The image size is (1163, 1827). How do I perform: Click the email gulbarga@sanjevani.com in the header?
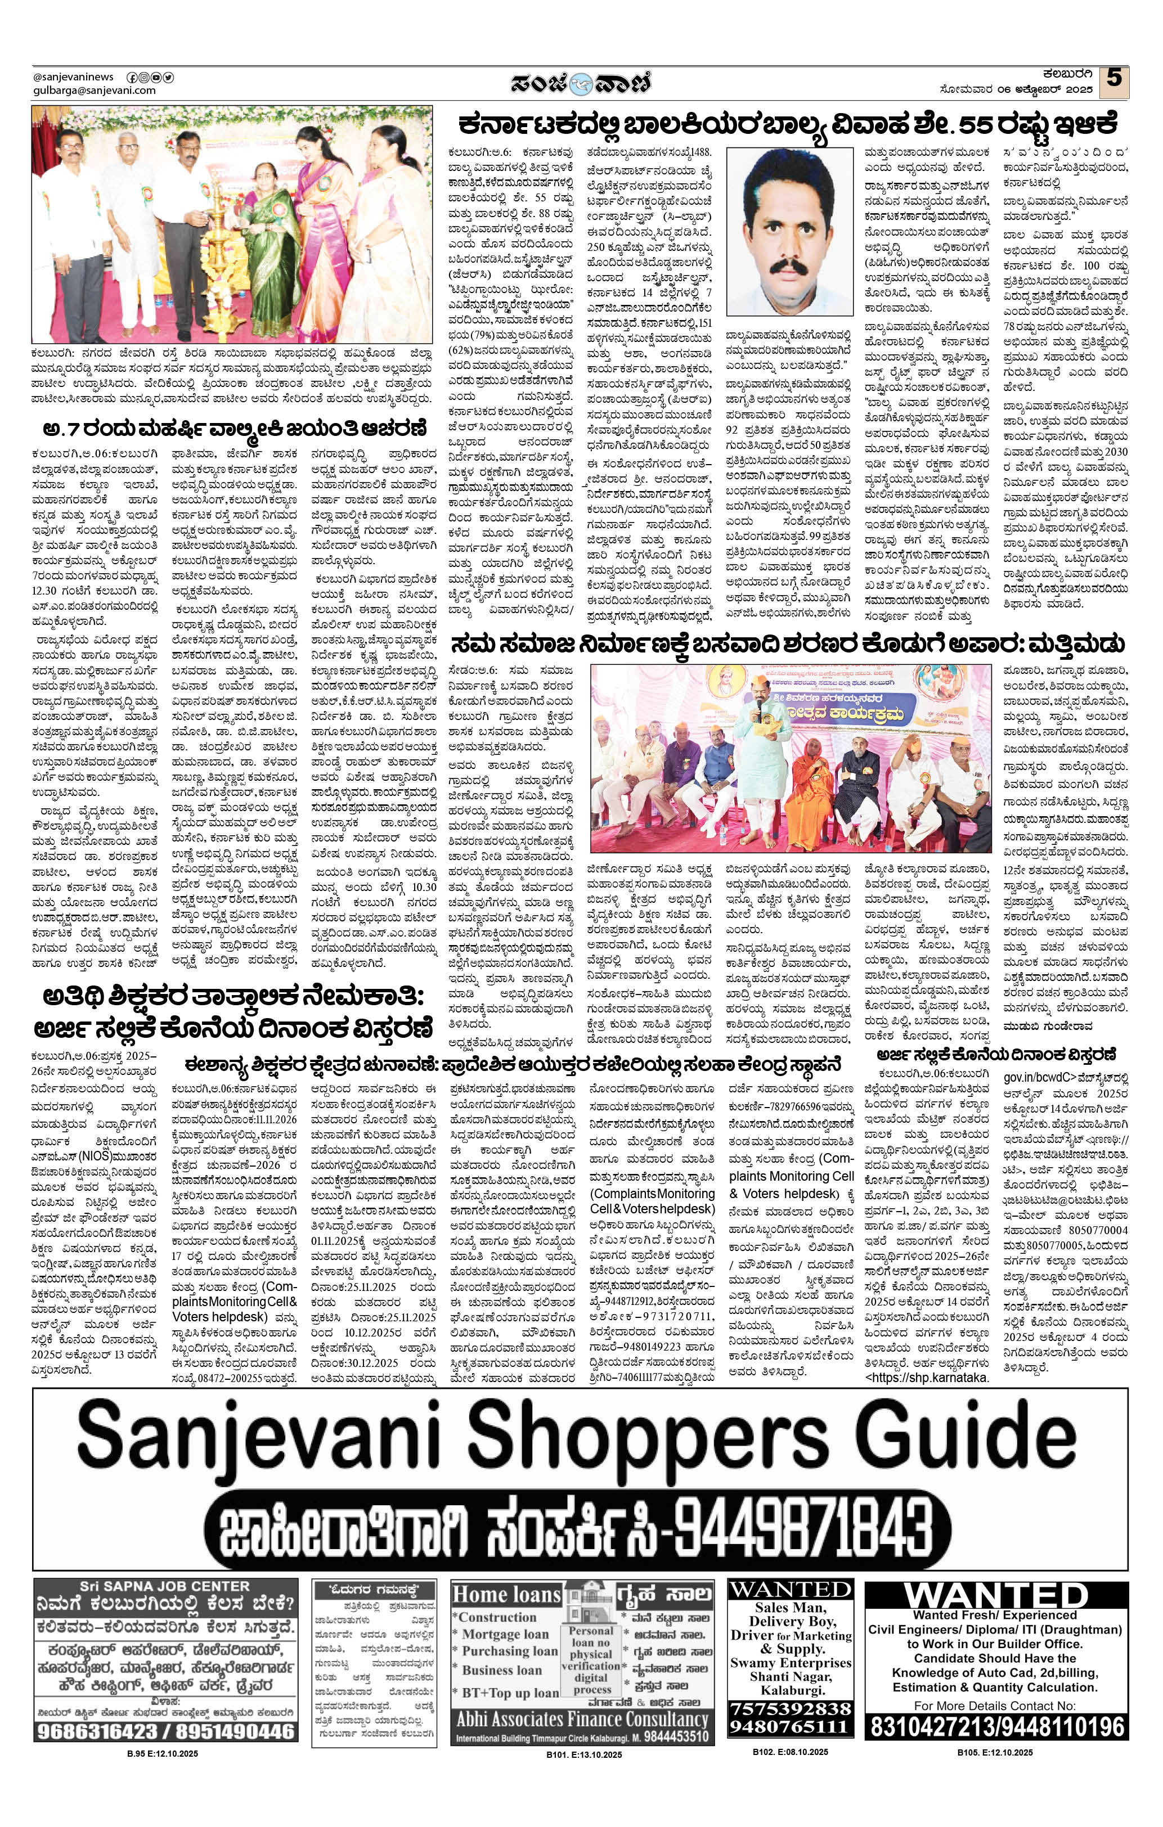coord(95,91)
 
